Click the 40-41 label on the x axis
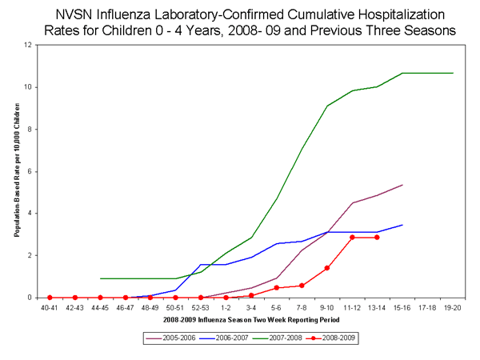50,306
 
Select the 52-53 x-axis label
201,306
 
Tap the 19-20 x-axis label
453,306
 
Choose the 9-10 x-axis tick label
327,306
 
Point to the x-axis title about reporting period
251,319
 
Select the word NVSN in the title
74,14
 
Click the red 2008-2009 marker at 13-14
378,238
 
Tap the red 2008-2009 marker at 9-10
327,268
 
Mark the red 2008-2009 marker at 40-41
50,298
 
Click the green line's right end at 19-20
453,73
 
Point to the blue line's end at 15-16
402,225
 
